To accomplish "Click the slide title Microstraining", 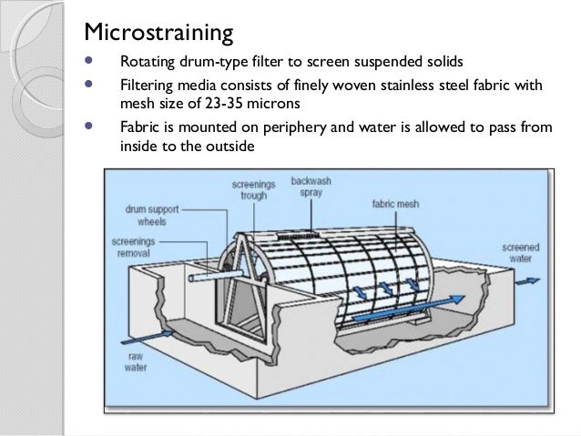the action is click(158, 32).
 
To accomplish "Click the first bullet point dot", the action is click(88, 60).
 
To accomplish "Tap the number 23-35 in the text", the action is click(223, 103).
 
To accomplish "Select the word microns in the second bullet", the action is click(273, 103).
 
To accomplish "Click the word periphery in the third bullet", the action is click(294, 127).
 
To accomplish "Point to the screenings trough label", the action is click(254, 189).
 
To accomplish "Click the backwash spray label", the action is click(311, 187).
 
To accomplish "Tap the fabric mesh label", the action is click(396, 204).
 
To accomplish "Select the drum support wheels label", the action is click(152, 215).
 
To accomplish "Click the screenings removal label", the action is click(133, 247).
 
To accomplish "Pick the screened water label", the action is click(521, 253).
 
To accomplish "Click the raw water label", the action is click(136, 362).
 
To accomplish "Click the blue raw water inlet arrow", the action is click(148, 338).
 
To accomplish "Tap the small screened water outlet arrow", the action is click(527, 281).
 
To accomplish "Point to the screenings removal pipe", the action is click(216, 276).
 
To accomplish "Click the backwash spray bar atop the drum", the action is click(298, 235).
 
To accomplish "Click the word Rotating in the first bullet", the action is click(148, 62).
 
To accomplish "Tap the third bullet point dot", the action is click(88, 126).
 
